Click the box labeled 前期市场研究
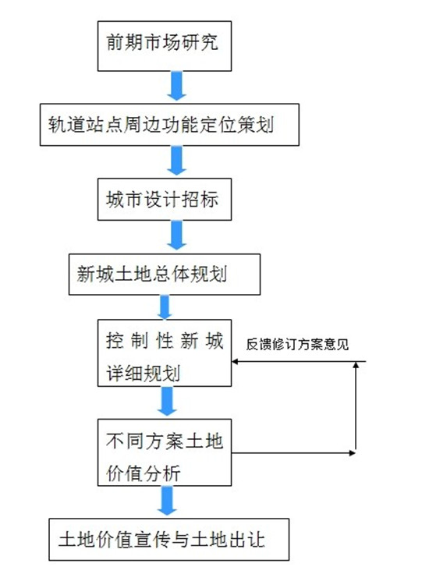pos(165,46)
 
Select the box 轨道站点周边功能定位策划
pos(169,125)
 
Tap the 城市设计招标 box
pos(165,199)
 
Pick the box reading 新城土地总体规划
pos(165,275)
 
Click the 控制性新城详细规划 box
pos(165,353)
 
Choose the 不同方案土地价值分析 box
pos(165,452)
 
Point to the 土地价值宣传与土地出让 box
pos(169,539)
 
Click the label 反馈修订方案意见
pos(297,344)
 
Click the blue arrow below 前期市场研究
pos(176,86)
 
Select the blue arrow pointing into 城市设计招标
pos(176,161)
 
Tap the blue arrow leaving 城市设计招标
pos(176,236)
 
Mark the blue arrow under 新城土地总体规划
pos(165,307)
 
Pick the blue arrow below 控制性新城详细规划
pos(167,402)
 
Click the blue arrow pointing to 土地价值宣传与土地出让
pos(167,501)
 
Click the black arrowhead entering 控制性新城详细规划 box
pos(235,361)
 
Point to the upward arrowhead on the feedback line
pos(356,365)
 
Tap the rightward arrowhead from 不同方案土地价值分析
pos(352,452)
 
